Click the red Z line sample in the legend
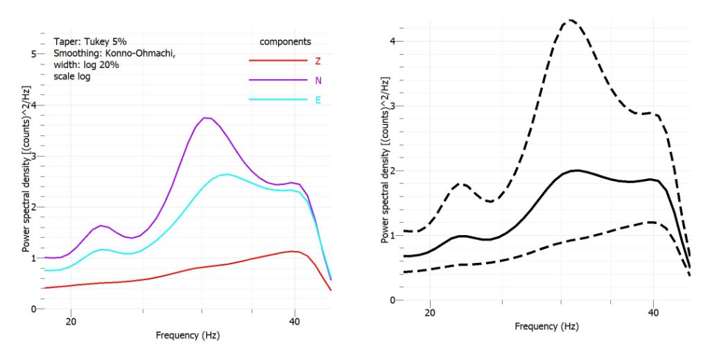(x=277, y=60)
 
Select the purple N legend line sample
(x=277, y=80)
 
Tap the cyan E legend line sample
(x=277, y=100)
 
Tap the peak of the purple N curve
(x=205, y=118)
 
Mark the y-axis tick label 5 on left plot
(x=34, y=54)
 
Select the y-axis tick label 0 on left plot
(x=34, y=309)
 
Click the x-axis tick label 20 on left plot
(x=71, y=321)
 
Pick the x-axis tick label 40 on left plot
(x=295, y=321)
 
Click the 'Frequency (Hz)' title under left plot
(x=188, y=336)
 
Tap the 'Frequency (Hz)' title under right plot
(x=547, y=326)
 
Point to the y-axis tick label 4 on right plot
(x=392, y=42)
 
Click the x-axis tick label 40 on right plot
(x=654, y=313)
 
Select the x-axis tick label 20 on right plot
(x=430, y=313)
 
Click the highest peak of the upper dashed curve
(x=570, y=20)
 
